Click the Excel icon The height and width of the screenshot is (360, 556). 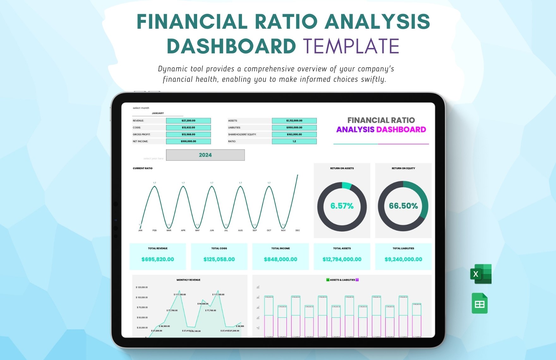[x=480, y=274]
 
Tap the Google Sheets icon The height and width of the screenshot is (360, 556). [x=480, y=303]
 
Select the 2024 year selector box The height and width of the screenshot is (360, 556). [x=205, y=155]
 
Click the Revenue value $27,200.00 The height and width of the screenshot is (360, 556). [x=188, y=121]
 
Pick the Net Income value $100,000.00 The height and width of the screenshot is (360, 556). [x=188, y=141]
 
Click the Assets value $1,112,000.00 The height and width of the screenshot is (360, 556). [x=294, y=121]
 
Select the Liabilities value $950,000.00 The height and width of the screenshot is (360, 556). [x=294, y=128]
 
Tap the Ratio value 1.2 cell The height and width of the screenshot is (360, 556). [x=294, y=141]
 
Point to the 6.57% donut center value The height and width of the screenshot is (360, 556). [x=342, y=206]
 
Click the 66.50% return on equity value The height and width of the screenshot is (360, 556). [x=403, y=206]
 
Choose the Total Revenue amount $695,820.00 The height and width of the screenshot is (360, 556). [x=158, y=259]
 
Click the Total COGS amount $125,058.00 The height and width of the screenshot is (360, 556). [x=219, y=259]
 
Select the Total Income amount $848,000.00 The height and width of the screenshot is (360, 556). [x=281, y=259]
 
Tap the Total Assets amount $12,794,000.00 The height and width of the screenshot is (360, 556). [x=342, y=259]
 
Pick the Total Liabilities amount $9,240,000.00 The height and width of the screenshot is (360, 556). [x=403, y=259]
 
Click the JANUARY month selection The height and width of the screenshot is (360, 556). [x=158, y=113]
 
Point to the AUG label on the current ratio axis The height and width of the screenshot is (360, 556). [x=240, y=231]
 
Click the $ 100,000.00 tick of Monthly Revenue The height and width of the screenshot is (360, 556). [x=142, y=297]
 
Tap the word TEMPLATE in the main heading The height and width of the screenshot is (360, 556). [x=351, y=46]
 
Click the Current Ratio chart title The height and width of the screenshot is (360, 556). [x=142, y=168]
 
